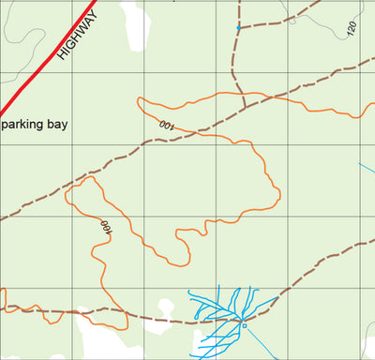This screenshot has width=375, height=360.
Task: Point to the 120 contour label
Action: (352, 27)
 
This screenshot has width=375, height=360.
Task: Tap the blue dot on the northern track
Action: (238, 29)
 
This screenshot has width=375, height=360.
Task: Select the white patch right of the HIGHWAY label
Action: (136, 28)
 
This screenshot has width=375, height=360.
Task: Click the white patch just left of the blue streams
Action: (166, 308)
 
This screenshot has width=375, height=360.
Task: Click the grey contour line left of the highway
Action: (23, 47)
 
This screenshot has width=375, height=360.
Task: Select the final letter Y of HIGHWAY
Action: (93, 13)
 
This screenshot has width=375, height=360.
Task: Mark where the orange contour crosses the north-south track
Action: (242, 94)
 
